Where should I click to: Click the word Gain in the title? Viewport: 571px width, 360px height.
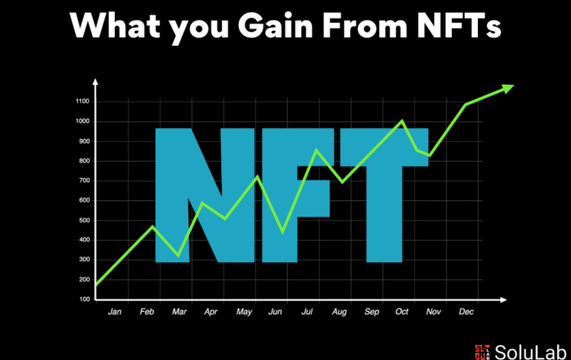276,26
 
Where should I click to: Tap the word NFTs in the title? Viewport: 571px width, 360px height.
459,26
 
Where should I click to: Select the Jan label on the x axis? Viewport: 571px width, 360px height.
115,312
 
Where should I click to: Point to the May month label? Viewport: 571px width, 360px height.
244,312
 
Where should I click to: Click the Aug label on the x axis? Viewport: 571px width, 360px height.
339,312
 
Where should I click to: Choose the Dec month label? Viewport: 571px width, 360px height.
466,312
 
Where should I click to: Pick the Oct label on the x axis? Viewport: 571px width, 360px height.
401,312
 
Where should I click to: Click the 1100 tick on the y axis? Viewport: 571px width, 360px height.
82,101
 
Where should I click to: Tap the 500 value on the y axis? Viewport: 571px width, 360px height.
84,220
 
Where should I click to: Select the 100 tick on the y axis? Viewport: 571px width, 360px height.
84,299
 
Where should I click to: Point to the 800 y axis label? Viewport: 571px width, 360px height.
84,161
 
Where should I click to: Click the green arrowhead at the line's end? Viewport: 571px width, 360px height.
507,88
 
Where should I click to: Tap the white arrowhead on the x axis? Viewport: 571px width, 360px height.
503,300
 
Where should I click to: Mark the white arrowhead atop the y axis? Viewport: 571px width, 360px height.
95,82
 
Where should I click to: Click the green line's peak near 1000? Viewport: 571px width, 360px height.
402,120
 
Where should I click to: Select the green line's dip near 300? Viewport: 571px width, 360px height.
178,256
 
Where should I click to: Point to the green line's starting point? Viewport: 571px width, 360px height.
96,285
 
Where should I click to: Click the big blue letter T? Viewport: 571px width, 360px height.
384,195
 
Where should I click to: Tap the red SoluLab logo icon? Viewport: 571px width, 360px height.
482,353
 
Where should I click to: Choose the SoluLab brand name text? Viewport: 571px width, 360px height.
530,352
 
